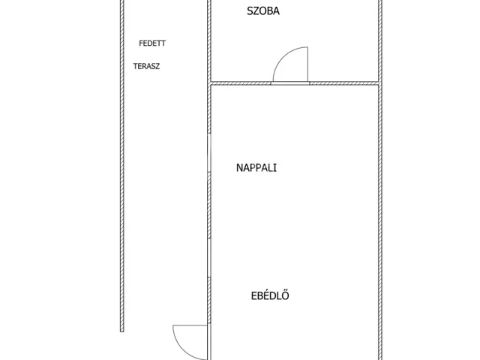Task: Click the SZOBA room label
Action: coord(263,10)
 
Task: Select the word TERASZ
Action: coord(146,66)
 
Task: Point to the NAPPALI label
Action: coord(256,168)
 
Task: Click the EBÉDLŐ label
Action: coord(270,295)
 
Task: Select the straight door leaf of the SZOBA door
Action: coord(306,63)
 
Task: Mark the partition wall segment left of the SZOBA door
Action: coord(240,82)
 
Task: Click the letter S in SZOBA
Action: coord(250,10)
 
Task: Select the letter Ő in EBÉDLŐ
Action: coord(286,295)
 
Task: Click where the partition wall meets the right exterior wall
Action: coord(379,82)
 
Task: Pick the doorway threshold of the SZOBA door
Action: coord(289,82)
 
